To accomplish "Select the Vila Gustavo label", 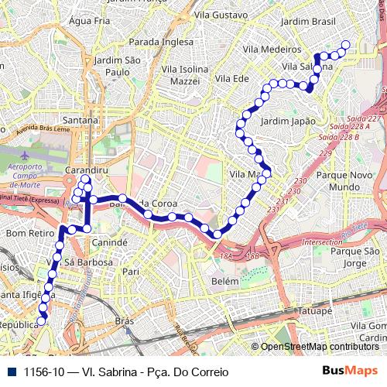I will click(221, 15).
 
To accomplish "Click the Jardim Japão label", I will click(288, 122).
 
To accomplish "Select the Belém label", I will click(224, 283).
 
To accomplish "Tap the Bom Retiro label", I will click(27, 231).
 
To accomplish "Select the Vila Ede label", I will click(232, 79).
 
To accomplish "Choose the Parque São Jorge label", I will click(354, 258).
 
